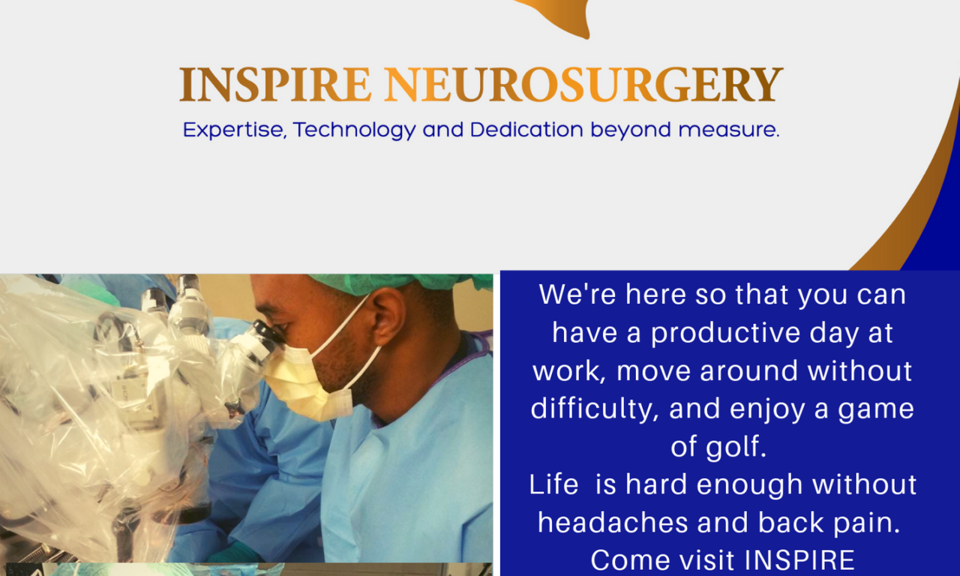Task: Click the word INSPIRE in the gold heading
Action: coord(275,85)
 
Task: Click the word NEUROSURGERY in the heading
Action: coord(583,85)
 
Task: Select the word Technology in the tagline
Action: coord(355,130)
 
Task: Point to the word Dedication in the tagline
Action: coord(526,130)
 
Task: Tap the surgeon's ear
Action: coord(388,316)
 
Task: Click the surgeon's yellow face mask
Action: coord(307,383)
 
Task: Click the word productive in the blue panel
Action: coord(725,334)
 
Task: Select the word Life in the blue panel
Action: coord(553,484)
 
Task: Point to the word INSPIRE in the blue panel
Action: coord(799,560)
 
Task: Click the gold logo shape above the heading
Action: coord(557,17)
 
